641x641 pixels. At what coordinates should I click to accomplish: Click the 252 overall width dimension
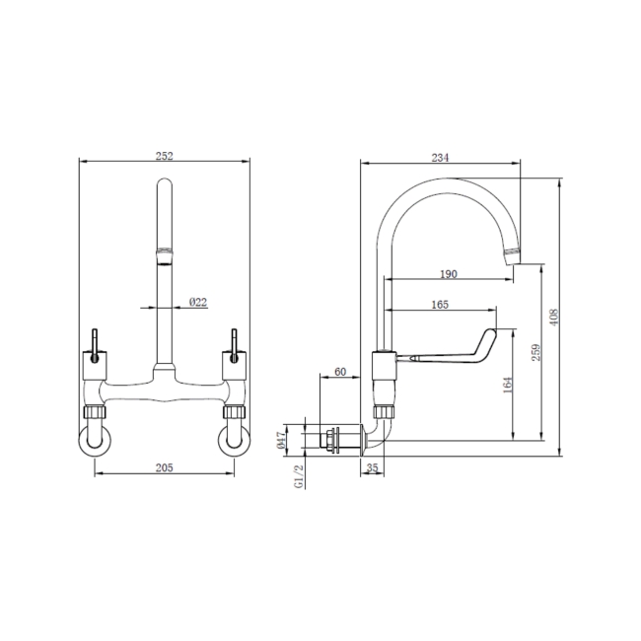click(165, 155)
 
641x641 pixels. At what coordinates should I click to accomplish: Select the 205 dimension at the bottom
click(165, 468)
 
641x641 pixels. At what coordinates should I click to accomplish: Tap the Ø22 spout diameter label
click(197, 302)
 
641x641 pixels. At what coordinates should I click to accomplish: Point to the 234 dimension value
click(440, 155)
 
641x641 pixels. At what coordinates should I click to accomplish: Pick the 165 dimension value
click(440, 305)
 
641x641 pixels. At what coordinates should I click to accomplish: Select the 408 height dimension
click(554, 318)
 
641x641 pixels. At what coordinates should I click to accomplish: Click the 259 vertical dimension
click(534, 352)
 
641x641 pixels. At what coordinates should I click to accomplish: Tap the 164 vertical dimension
click(507, 384)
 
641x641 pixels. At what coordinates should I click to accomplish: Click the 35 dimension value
click(373, 468)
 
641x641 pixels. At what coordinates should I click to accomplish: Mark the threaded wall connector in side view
click(335, 437)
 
